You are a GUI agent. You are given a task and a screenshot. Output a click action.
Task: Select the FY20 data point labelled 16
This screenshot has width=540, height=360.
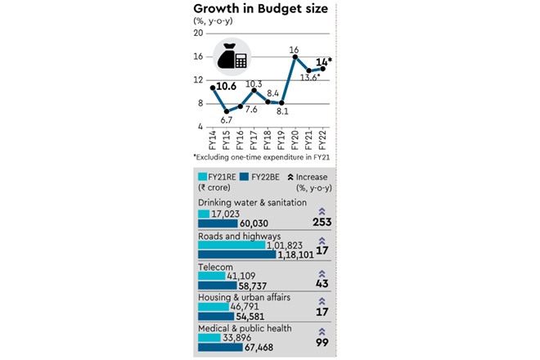(294, 57)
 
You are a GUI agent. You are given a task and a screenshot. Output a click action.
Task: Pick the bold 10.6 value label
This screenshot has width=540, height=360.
(227, 84)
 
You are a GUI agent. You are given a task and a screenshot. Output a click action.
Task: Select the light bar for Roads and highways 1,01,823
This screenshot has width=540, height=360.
(232, 245)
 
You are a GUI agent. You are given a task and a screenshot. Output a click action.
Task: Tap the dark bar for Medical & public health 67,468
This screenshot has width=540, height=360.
(220, 347)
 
